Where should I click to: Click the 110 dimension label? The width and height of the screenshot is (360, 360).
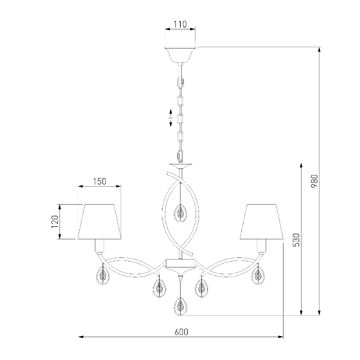[x=180, y=24]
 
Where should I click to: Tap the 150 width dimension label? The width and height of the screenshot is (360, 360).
[x=99, y=181]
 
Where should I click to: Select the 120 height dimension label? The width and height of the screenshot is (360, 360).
[x=55, y=222]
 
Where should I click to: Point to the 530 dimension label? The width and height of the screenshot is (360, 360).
[x=297, y=240]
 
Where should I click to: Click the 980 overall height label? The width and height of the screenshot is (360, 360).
[x=314, y=181]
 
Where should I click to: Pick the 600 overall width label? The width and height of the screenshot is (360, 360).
[x=181, y=332]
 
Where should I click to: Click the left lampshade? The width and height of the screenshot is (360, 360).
[x=99, y=222]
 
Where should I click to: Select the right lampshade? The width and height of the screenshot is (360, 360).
[x=261, y=222]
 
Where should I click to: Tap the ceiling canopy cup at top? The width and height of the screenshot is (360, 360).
[x=180, y=55]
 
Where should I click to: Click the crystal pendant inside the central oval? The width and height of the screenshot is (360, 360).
[x=180, y=213]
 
